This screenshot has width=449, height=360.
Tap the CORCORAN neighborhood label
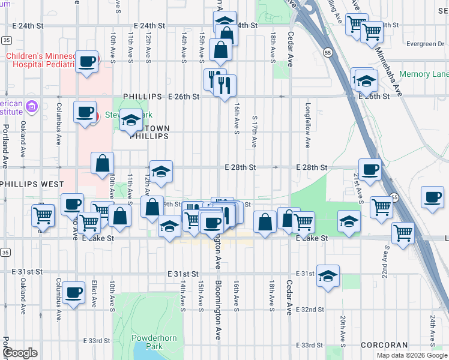coord(384,345)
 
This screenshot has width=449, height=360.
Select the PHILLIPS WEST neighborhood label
coord(27,183)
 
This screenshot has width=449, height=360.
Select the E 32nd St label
coord(311,310)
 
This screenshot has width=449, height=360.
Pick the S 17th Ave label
coord(255,131)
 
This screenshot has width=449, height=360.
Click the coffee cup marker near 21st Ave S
coord(370,169)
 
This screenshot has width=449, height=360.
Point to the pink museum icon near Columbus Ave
coord(32,108)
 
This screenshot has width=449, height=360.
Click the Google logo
coord(20,353)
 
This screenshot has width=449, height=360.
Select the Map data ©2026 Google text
coord(412,355)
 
